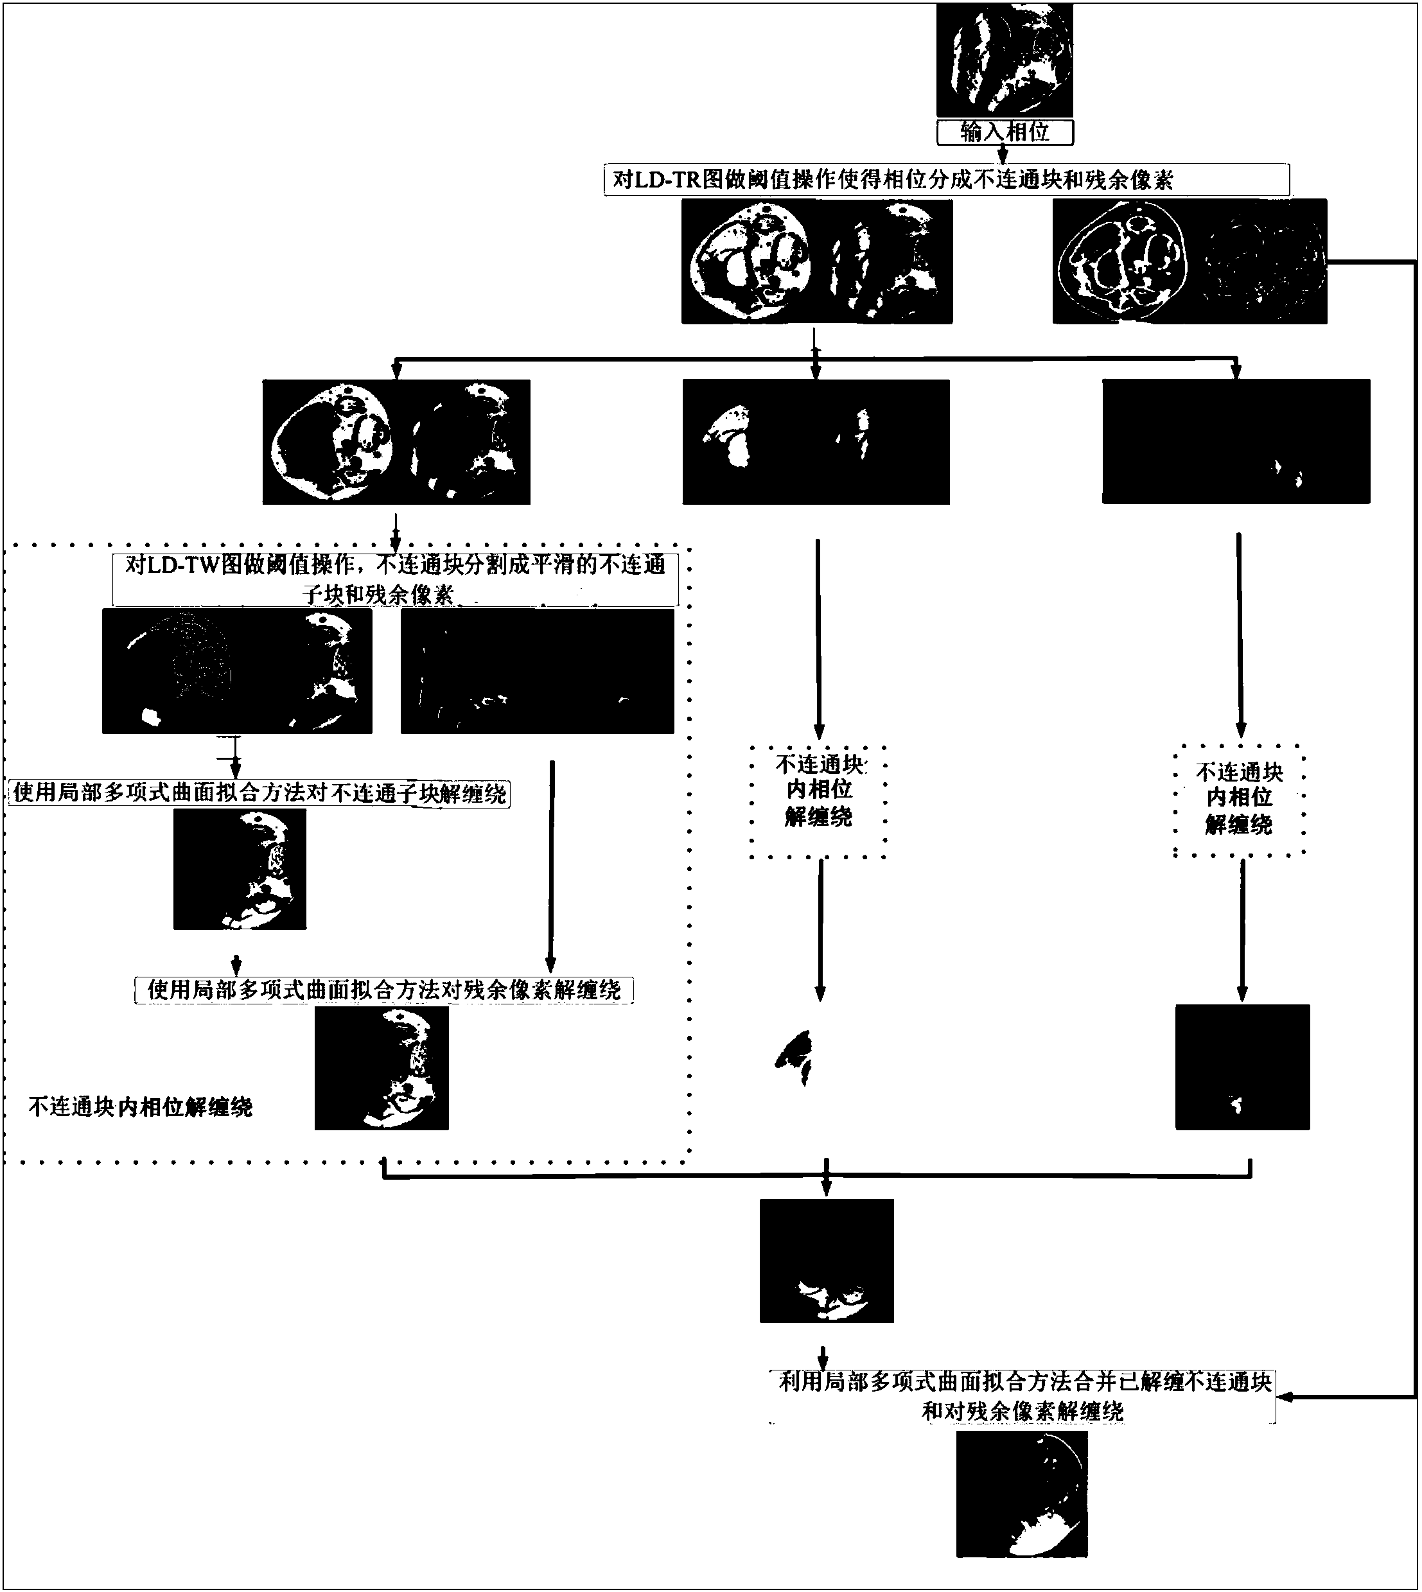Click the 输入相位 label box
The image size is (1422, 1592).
click(x=1004, y=132)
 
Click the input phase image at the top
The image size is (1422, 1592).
click(x=1004, y=60)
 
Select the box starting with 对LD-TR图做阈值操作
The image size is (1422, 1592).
click(x=946, y=180)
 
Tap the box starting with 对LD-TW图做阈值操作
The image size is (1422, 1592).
click(x=396, y=579)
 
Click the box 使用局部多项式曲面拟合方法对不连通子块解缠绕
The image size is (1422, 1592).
click(x=259, y=794)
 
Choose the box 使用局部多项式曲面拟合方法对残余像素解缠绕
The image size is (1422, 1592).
click(x=383, y=990)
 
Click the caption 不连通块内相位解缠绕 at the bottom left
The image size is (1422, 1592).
click(x=141, y=1107)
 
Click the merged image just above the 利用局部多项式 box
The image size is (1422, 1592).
click(x=826, y=1261)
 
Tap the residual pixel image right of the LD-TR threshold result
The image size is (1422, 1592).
click(x=1188, y=261)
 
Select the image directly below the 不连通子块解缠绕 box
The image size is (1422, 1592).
click(x=239, y=869)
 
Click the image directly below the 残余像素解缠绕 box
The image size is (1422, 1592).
click(x=382, y=1068)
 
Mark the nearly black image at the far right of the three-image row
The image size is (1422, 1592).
click(x=1235, y=441)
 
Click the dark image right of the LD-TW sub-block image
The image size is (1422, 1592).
click(x=537, y=671)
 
